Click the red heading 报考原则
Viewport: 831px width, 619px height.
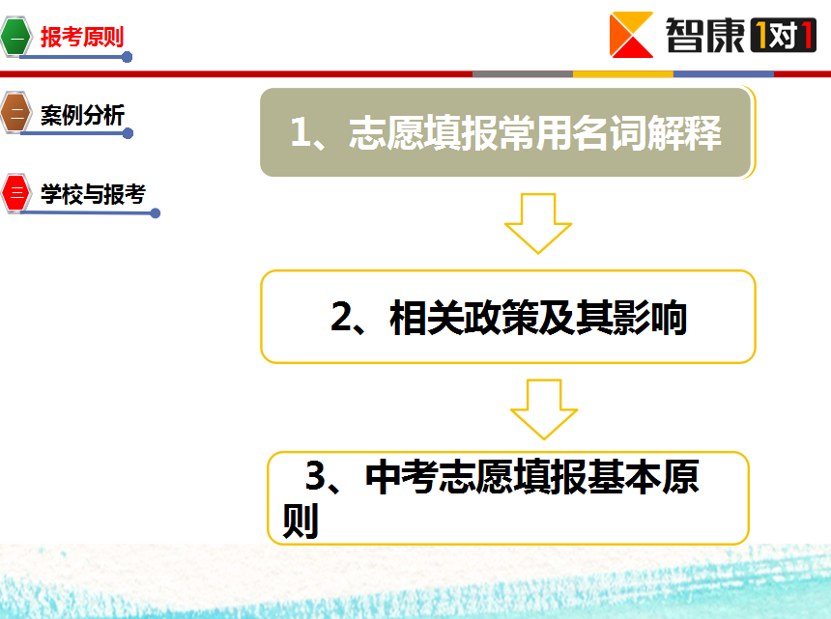(x=82, y=37)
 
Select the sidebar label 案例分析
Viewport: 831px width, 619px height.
(x=83, y=115)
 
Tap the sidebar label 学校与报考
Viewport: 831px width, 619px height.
(x=94, y=194)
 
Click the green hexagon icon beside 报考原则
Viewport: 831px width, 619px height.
(x=15, y=37)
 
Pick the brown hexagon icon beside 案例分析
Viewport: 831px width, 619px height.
(x=15, y=112)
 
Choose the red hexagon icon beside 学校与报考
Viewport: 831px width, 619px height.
(x=16, y=193)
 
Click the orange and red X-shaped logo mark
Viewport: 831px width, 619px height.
(x=631, y=35)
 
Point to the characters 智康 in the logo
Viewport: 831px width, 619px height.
(x=704, y=35)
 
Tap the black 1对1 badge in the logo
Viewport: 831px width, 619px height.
(x=784, y=36)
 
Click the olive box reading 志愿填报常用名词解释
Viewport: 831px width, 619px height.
(x=505, y=132)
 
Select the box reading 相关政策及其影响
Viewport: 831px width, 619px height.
(x=507, y=317)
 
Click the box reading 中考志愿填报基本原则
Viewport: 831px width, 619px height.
(x=507, y=497)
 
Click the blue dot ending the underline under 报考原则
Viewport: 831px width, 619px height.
(x=127, y=57)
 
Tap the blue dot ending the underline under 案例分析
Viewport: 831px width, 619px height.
(x=128, y=133)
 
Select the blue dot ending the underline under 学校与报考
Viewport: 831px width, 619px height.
(x=156, y=212)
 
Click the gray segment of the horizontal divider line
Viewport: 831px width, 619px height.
(x=523, y=74)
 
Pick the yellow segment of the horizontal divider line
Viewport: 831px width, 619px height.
(x=623, y=74)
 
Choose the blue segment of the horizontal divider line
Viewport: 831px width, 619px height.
(x=724, y=74)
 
